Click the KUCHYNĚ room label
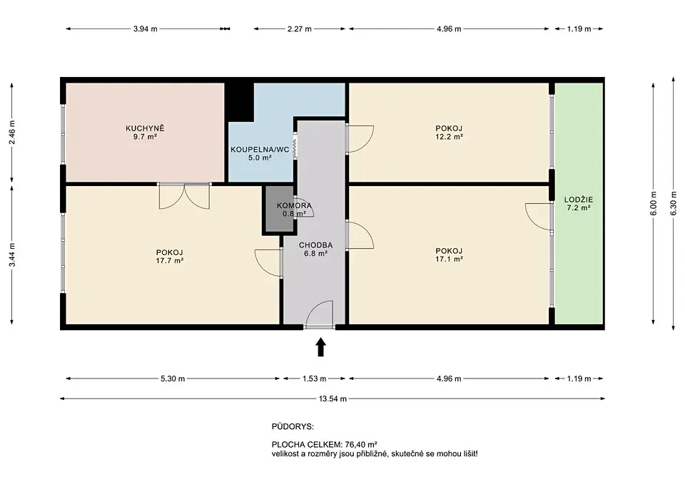coord(145,128)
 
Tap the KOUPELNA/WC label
coord(260,150)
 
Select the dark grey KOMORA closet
coord(278,209)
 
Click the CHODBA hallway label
coord(315,245)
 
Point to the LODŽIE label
coord(579,200)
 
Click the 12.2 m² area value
coord(449,137)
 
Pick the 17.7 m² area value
coord(170,261)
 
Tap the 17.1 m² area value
coord(449,259)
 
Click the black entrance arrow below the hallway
coord(321,347)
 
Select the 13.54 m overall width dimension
coord(333,398)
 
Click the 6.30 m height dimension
coord(673,202)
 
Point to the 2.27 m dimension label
coord(300,29)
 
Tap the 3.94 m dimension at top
coord(145,29)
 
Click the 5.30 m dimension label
coord(173,379)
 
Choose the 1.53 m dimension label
coord(315,379)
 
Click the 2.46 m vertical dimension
coord(12,133)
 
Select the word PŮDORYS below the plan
coord(293,427)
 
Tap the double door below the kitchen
coord(184,195)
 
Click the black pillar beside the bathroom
coord(240,102)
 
